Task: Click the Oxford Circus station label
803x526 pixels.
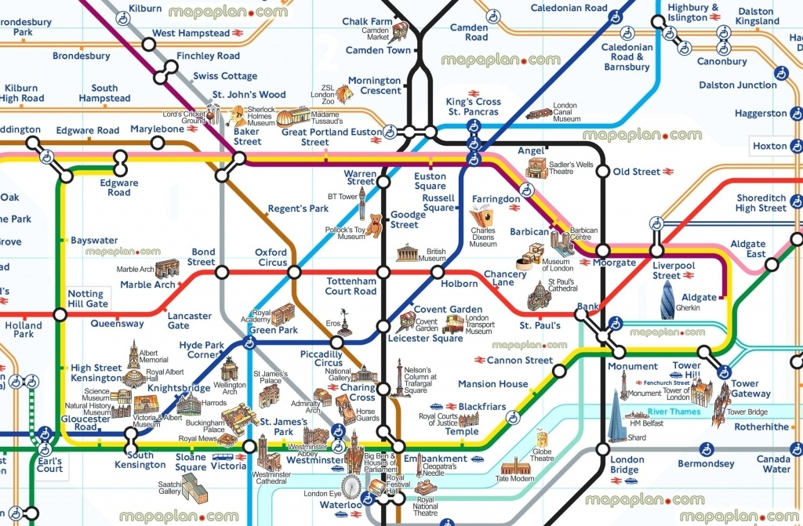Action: click(271, 258)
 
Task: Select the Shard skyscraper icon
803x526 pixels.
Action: click(617, 416)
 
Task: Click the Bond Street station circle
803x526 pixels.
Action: click(222, 272)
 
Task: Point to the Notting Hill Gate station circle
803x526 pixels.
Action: click(60, 315)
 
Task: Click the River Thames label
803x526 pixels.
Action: click(674, 412)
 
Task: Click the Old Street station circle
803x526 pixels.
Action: click(602, 172)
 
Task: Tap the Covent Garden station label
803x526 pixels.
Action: click(448, 309)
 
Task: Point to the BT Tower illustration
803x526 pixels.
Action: click(362, 204)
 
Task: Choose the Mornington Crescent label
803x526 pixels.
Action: click(375, 85)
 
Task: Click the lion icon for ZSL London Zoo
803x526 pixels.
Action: click(343, 94)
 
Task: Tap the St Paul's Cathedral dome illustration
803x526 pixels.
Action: click(540, 296)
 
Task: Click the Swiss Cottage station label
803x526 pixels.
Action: click(225, 76)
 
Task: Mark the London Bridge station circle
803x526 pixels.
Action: click(602, 449)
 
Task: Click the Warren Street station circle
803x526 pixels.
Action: click(383, 182)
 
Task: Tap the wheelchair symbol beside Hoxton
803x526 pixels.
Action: click(780, 146)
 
